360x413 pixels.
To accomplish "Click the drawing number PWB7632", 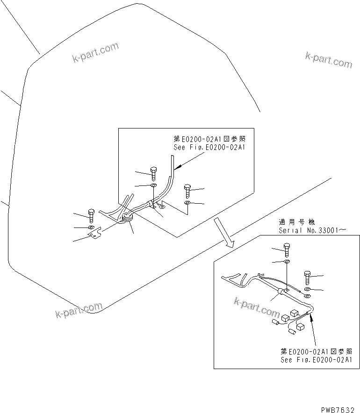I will point(338,409).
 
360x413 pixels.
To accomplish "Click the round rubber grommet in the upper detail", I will point(127,217).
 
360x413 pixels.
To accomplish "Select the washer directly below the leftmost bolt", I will point(91,227).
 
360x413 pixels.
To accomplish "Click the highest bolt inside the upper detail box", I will point(154,173).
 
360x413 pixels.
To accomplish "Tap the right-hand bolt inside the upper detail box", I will point(187,190).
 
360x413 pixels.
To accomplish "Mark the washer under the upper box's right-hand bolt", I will point(187,203).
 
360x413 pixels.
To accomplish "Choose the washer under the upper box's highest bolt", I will point(153,186).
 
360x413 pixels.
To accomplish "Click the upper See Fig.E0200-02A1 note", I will point(209,147).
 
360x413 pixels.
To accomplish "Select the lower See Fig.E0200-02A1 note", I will point(316,360).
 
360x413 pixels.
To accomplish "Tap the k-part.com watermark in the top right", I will point(328,59).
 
